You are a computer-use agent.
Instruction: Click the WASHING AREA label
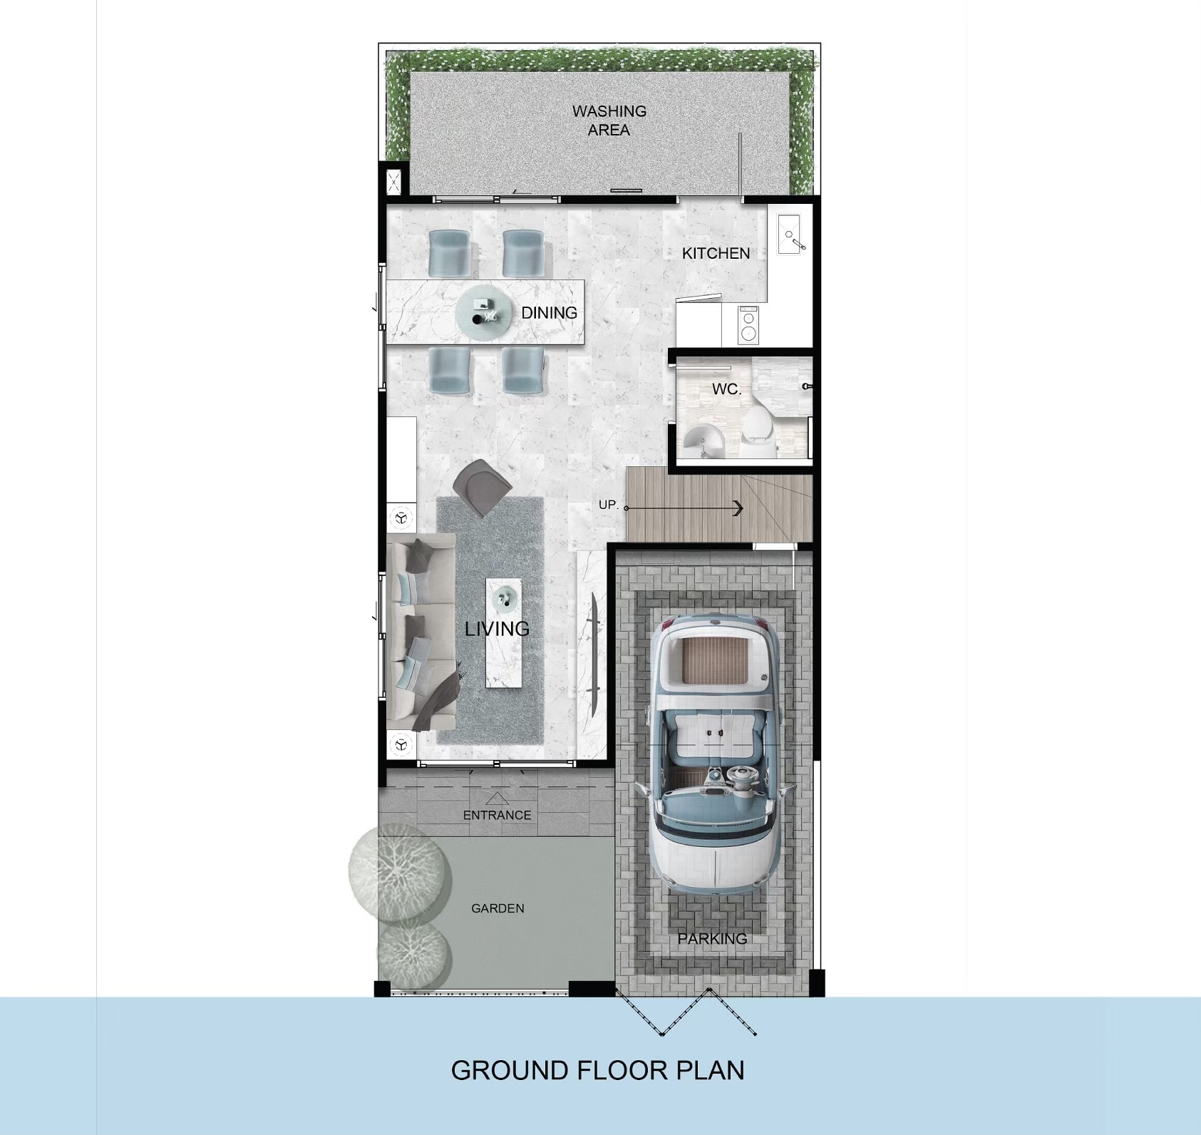609,120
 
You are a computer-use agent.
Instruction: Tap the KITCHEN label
716,253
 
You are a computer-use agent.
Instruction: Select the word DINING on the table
549,312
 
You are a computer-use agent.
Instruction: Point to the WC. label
727,389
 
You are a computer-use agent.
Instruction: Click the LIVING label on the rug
497,629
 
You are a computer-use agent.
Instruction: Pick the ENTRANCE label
497,815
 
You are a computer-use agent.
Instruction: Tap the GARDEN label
498,908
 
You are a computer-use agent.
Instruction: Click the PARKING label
712,939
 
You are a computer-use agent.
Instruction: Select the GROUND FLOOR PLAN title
597,1070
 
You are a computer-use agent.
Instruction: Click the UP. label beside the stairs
609,505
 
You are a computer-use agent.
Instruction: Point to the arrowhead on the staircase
738,508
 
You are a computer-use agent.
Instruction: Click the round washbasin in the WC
702,437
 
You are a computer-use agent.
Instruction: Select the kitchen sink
790,234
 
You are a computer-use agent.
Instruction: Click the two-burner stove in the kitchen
748,324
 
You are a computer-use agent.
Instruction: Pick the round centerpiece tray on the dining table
484,313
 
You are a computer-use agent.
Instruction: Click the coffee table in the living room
503,633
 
